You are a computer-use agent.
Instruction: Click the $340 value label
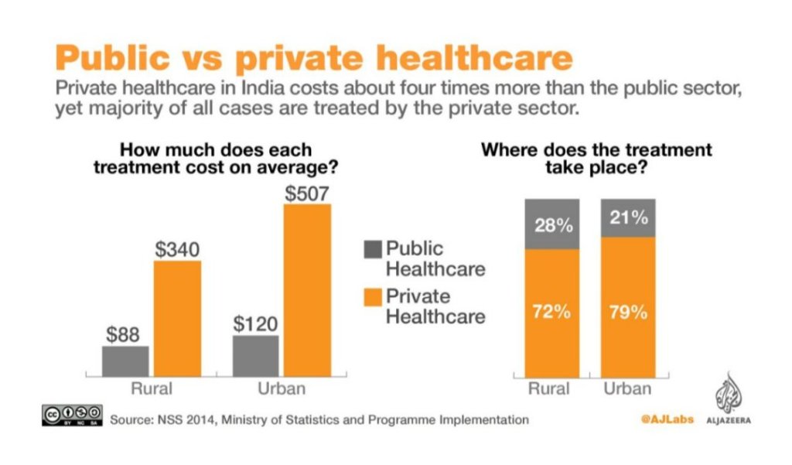[x=178, y=249]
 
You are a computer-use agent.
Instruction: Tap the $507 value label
[x=307, y=193]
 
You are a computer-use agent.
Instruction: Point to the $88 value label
[x=124, y=334]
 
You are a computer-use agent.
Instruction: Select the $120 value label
[x=255, y=323]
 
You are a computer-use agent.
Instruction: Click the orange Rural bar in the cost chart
[x=178, y=317]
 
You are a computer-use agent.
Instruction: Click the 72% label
[x=551, y=313]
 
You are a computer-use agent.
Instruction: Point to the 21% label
[x=627, y=218]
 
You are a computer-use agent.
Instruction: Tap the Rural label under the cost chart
[x=151, y=388]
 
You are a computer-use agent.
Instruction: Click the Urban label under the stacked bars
[x=627, y=388]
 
